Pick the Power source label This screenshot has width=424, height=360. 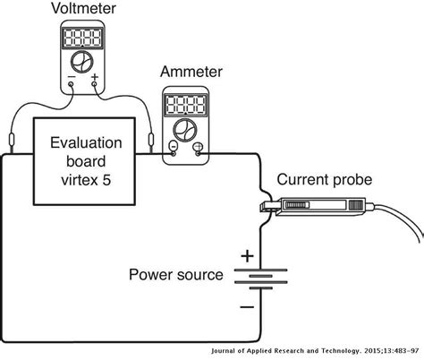pyautogui.click(x=175, y=274)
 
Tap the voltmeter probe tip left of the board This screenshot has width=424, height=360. pyautogui.click(x=11, y=141)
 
